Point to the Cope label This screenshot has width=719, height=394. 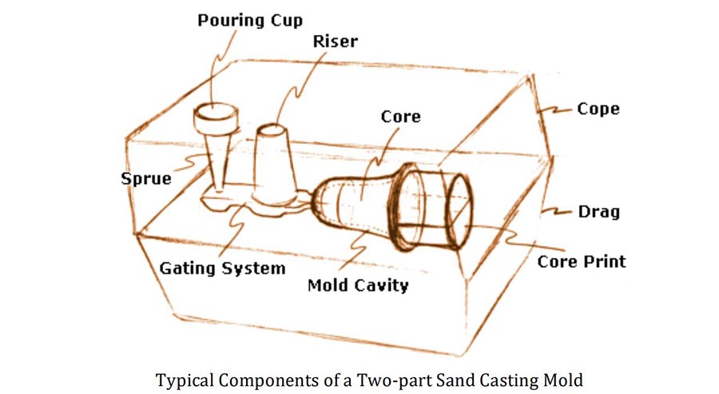point(598,108)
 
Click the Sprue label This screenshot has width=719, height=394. point(147,177)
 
